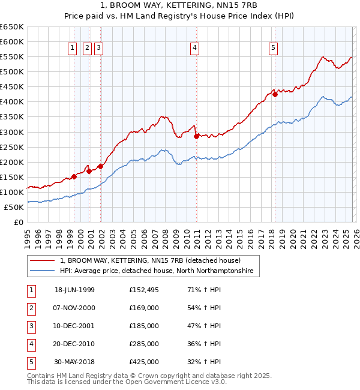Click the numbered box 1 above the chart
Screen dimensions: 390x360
pos(72,49)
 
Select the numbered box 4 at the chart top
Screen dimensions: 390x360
pos(195,49)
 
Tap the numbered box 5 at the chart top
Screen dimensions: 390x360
pos(274,49)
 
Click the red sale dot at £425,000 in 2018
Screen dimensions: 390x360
pos(275,94)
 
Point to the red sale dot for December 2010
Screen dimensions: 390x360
pos(196,136)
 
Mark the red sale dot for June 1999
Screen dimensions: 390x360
pos(74,176)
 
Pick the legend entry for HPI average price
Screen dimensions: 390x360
pos(157,271)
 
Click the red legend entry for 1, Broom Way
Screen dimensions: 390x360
pos(150,261)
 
